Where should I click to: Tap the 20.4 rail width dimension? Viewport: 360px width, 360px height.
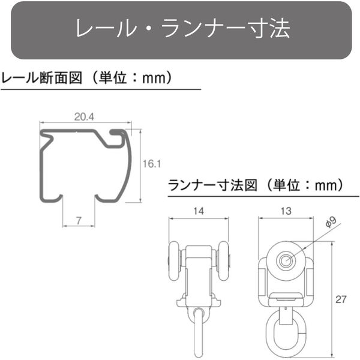point(85,118)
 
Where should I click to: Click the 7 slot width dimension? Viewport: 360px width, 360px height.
point(79,220)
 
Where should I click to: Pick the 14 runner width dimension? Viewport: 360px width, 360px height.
point(199,211)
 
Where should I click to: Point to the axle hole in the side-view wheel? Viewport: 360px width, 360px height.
point(286,260)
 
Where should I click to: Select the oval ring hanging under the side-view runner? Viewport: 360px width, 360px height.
point(286,331)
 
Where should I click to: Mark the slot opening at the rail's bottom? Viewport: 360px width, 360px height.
point(79,198)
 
